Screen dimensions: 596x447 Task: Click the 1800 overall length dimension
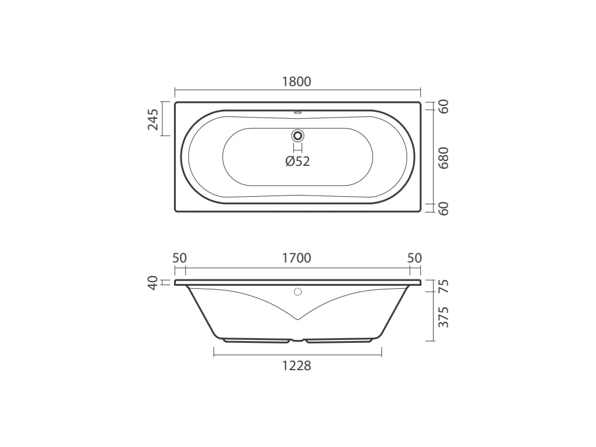coord(297,81)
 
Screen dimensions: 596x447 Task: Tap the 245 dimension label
coord(153,119)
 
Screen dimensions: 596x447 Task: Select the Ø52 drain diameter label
coord(297,161)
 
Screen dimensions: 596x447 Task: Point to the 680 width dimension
coord(443,158)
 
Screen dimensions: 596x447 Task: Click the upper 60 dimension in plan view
coord(443,107)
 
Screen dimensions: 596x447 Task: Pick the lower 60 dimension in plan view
coord(443,209)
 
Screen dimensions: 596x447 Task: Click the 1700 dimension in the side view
coord(297,258)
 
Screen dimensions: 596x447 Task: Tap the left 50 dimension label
coord(180,258)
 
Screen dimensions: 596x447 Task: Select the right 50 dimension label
coord(414,258)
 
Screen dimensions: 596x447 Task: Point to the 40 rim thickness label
coord(153,283)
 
